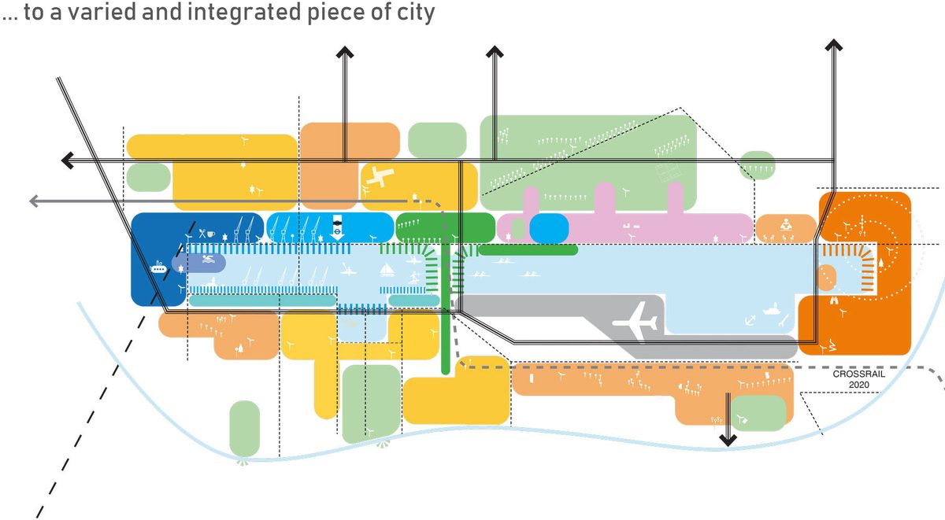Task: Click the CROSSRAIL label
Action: coord(859,374)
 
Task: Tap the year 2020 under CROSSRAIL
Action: coord(859,385)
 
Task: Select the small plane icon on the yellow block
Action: coord(378,178)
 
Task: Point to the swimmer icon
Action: coord(207,260)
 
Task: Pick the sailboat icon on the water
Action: coord(387,270)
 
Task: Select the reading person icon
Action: coord(785,225)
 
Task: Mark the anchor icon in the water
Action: coord(750,319)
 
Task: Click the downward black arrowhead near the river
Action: coord(728,438)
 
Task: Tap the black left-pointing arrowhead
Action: coord(69,160)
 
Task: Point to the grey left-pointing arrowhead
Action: coord(35,201)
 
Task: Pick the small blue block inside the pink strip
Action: coord(548,227)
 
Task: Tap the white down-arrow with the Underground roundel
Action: coord(337,225)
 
